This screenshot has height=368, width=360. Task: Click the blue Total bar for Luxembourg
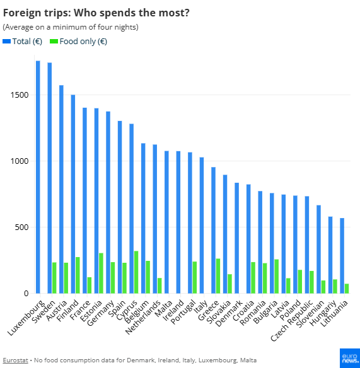[38, 177]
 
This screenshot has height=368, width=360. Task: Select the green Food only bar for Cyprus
[136, 272]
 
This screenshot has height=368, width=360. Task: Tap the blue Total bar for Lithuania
[342, 256]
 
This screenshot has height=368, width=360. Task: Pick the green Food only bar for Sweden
[54, 278]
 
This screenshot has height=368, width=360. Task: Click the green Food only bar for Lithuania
[347, 289]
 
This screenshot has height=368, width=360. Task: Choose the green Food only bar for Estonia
[101, 273]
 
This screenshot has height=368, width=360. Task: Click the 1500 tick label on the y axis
[18, 95]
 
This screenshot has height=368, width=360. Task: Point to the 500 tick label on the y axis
[21, 227]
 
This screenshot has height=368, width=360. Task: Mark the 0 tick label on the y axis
[26, 294]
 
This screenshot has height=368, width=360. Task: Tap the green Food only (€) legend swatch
[54, 41]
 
